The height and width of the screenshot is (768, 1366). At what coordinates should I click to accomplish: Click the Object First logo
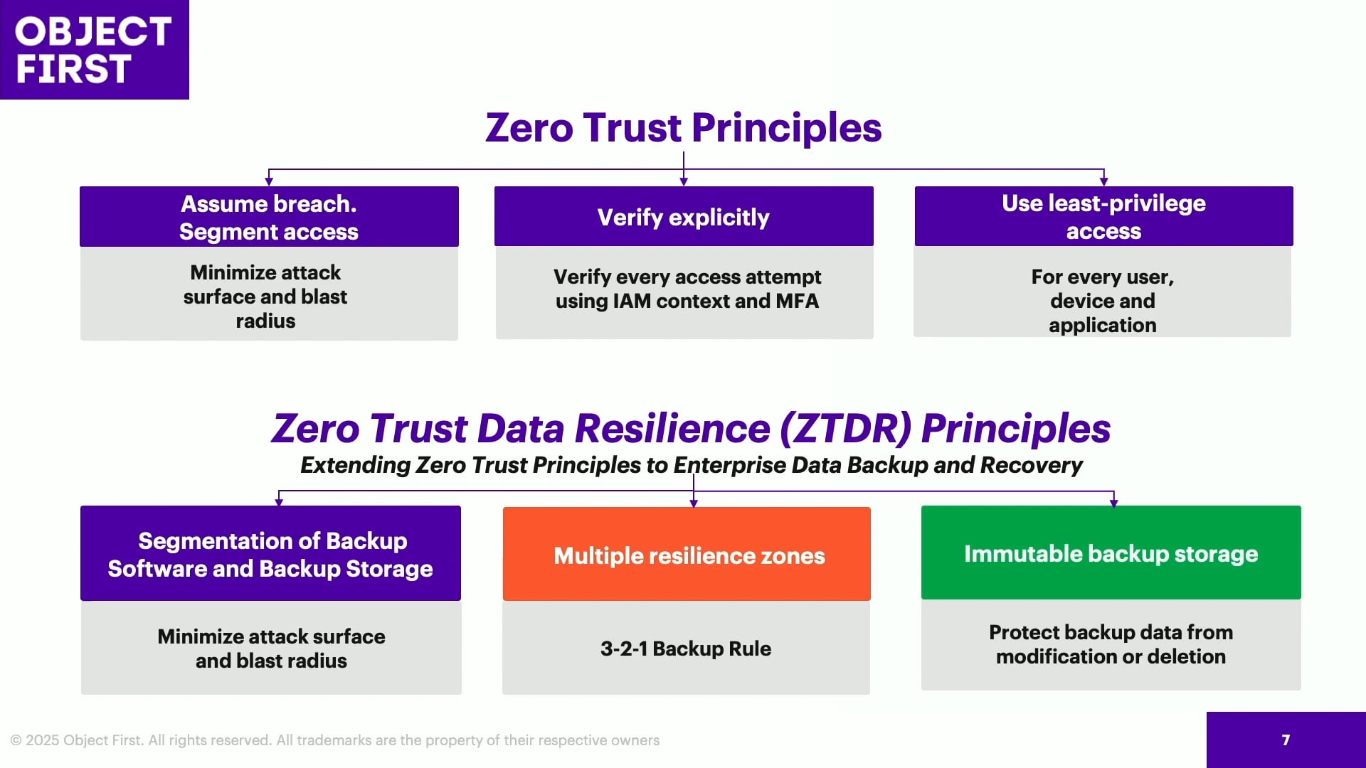coord(94,50)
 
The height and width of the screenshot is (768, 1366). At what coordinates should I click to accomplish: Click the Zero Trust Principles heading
coord(684,128)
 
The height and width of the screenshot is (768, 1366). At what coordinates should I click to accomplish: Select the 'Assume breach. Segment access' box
coord(269,217)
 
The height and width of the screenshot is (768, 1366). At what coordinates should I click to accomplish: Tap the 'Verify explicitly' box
coord(684,217)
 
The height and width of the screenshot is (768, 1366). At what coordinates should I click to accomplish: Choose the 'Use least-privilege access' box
coord(1103,217)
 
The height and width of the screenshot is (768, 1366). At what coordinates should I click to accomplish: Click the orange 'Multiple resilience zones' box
coord(687,554)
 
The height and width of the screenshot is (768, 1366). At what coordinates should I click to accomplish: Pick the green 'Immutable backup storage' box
coord(1111,553)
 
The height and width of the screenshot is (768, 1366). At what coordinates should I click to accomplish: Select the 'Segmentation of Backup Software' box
coord(270,553)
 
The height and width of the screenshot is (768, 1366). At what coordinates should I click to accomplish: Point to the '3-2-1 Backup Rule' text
coord(686,649)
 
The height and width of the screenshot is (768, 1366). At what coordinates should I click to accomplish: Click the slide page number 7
coord(1286,740)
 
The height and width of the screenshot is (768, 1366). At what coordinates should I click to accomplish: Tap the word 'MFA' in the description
coord(798,301)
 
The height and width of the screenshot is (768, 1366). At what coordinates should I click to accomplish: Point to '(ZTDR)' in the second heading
coord(845,428)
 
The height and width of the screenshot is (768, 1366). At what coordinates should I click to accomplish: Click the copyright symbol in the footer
coord(16,741)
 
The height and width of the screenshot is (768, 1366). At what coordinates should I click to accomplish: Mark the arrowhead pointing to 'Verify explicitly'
coord(684,182)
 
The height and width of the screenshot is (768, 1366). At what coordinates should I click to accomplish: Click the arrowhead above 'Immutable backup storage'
coord(1113,503)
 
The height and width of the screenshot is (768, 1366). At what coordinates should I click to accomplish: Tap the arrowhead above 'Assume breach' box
coord(269,182)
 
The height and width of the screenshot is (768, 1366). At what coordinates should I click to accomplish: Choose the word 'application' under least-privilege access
coord(1103,326)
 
